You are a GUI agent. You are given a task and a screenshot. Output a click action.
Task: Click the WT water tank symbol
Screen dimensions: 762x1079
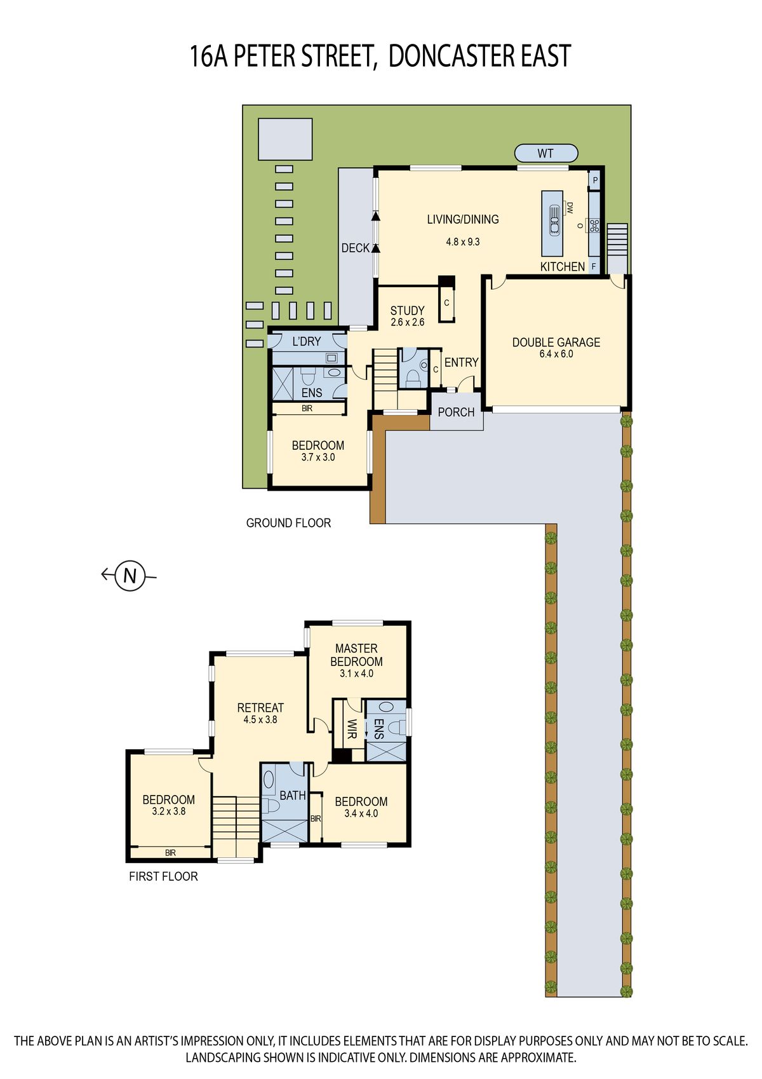546,153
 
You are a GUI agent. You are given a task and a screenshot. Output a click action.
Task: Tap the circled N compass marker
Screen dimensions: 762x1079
130,575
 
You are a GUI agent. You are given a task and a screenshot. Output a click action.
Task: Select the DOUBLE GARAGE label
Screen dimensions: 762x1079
556,343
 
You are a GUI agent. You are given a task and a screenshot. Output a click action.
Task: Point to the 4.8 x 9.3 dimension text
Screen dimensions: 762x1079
462,242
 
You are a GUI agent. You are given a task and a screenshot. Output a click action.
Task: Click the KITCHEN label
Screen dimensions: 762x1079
562,266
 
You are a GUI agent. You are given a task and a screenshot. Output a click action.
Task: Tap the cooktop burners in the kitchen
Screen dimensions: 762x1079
594,226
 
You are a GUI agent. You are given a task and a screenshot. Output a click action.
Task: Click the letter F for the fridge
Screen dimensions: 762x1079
594,266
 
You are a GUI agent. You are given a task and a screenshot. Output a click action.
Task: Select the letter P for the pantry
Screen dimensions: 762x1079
595,180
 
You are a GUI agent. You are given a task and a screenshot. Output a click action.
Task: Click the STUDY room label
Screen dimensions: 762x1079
407,311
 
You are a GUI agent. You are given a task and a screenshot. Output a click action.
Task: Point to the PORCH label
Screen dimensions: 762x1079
456,412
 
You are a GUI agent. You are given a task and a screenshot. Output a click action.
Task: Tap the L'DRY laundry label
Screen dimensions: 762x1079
307,341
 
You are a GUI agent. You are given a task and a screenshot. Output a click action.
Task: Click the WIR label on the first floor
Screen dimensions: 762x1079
352,729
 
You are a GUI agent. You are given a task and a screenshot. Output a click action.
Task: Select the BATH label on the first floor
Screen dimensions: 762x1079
293,796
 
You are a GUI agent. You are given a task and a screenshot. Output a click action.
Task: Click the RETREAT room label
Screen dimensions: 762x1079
260,708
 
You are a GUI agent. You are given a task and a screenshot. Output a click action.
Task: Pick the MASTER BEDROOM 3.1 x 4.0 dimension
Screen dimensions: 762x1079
356,674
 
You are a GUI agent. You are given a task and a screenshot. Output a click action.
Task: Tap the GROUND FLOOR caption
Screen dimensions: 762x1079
288,523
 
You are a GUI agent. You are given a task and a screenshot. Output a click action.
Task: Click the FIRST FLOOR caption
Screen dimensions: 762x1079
163,876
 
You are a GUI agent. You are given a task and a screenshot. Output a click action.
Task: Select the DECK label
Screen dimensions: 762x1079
355,248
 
